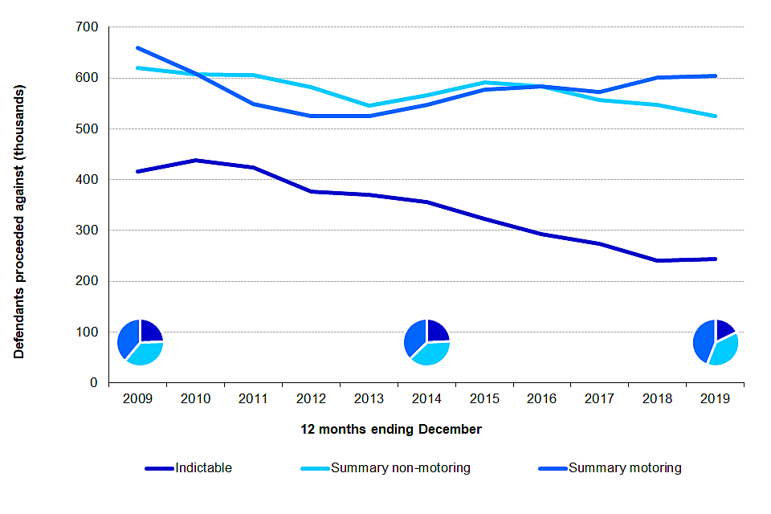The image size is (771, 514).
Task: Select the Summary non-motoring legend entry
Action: point(400,468)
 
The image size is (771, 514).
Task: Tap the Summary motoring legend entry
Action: point(625,468)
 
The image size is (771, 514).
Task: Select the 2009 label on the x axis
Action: point(137,398)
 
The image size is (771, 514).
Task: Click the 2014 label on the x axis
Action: point(426,398)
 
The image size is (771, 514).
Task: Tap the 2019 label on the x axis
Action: point(716,398)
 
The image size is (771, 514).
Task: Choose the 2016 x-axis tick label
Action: point(542,398)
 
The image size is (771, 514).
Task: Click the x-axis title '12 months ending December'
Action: point(391,430)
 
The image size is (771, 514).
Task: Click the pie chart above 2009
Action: point(140,342)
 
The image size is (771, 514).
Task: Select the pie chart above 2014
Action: point(426,342)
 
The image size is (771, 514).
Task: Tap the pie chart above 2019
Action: point(715,342)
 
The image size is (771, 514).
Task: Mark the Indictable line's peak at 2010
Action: point(195,160)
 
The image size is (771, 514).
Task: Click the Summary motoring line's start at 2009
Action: point(137,47)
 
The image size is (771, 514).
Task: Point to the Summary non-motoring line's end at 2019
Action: point(716,116)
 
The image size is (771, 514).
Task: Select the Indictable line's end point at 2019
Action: point(716,259)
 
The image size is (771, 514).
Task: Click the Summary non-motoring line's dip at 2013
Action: point(369,105)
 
